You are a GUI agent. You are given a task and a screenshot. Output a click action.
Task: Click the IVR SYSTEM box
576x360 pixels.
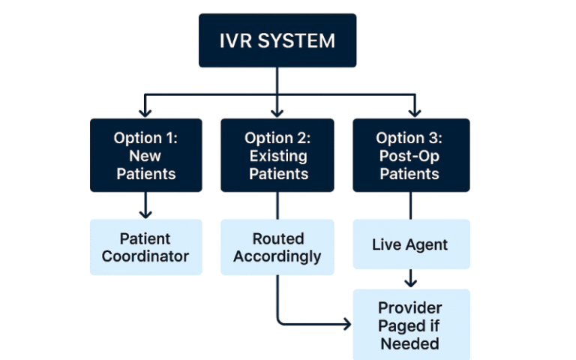tap(277, 40)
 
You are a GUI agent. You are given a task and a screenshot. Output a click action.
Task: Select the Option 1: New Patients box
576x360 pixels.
tap(145, 155)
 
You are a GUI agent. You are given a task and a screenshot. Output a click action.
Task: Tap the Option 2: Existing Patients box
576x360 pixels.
tap(277, 155)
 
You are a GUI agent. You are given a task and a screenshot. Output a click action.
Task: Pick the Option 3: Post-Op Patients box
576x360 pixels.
tap(410, 155)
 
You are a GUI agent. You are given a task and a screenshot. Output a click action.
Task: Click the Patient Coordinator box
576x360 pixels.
tap(145, 247)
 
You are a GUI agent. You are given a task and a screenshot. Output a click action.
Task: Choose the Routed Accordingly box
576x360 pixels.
tap(277, 247)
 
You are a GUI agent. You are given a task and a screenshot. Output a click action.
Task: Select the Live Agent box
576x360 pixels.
tap(410, 244)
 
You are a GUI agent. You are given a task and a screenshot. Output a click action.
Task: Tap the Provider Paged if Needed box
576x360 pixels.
tap(410, 325)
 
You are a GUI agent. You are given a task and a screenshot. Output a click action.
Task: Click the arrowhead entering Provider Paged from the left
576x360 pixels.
tap(346, 324)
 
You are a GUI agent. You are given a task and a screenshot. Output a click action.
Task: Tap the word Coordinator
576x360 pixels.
tap(145, 256)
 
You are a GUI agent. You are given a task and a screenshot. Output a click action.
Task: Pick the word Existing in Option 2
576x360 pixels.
tap(277, 156)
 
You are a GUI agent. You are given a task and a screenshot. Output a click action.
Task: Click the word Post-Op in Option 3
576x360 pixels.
tap(410, 156)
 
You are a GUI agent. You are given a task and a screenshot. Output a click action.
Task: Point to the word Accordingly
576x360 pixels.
tap(277, 256)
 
